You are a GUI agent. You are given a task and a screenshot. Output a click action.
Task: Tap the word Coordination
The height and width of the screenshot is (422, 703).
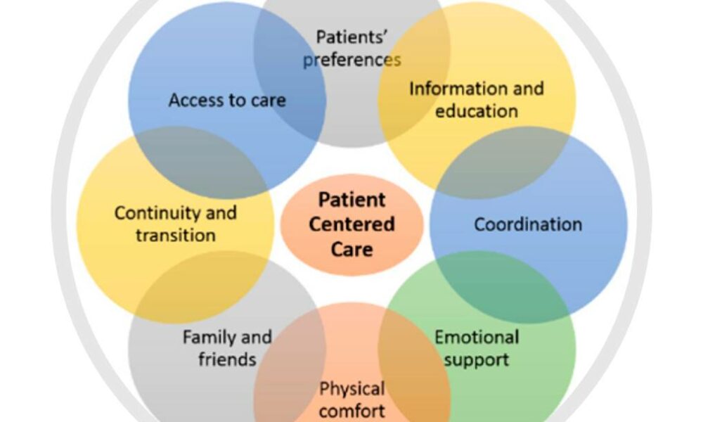(528, 224)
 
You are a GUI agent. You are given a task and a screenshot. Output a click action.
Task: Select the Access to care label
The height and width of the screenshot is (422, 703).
(227, 100)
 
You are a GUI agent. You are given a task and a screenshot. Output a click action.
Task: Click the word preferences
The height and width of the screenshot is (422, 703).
(351, 60)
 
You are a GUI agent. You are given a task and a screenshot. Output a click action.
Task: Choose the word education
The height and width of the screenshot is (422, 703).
(477, 111)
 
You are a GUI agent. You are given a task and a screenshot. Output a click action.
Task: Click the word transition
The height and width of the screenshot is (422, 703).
(176, 235)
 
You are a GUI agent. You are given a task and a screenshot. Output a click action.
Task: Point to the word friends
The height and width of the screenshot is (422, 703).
(227, 359)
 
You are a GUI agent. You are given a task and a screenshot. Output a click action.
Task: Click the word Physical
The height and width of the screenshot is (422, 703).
(351, 388)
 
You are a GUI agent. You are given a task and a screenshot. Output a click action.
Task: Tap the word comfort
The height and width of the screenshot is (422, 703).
(351, 410)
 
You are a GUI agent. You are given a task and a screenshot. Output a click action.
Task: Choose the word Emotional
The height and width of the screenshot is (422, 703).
(477, 337)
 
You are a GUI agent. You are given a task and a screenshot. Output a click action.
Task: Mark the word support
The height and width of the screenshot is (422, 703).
(477, 359)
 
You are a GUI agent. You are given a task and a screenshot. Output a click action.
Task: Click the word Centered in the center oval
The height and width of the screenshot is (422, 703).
(351, 224)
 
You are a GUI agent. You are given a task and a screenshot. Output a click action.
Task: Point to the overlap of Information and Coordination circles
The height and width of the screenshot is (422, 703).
(503, 162)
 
